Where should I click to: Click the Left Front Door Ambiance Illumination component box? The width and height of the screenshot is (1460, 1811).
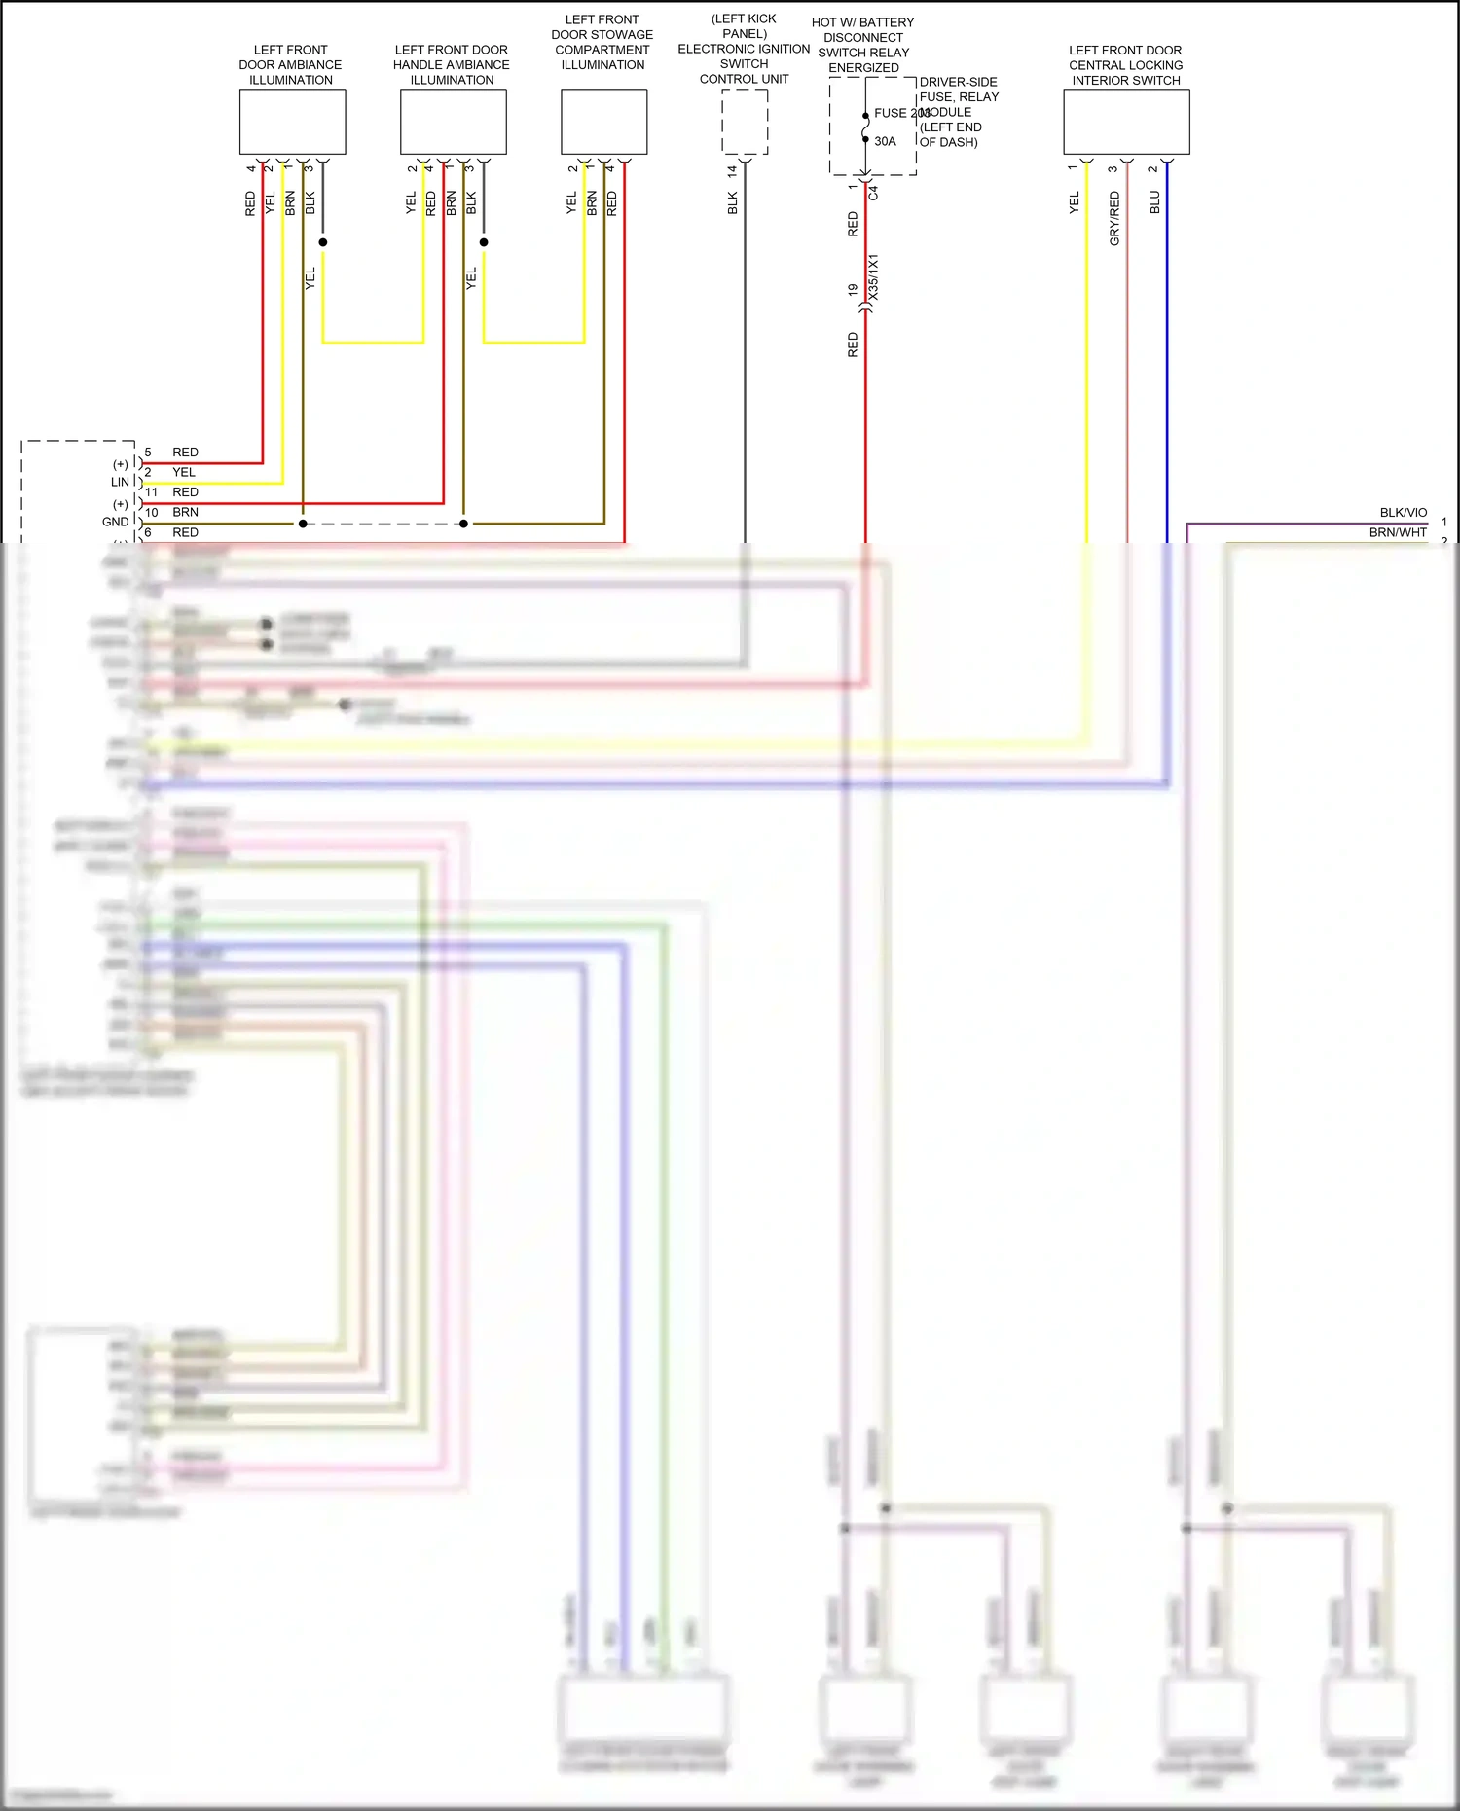[292, 122]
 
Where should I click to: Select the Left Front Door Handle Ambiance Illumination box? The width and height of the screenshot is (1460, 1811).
[453, 122]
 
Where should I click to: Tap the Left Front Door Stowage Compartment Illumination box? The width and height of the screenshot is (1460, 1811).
[603, 122]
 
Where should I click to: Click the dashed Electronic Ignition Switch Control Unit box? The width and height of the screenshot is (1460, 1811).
[745, 122]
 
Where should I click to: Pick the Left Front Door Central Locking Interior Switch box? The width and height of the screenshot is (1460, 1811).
[1126, 122]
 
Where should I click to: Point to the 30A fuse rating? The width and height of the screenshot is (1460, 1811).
[885, 141]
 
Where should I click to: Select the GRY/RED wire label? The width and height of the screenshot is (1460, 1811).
[1114, 218]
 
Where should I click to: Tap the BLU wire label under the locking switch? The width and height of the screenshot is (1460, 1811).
[1154, 201]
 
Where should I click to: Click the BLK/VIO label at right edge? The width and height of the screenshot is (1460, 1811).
[1403, 512]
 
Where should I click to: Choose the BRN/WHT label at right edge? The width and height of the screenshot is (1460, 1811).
[1398, 532]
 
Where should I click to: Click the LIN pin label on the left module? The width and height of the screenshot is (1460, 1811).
[120, 482]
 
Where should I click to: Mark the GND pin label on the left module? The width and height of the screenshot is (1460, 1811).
[115, 522]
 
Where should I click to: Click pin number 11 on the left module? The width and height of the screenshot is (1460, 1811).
[151, 492]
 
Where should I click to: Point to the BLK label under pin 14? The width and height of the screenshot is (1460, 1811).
[732, 202]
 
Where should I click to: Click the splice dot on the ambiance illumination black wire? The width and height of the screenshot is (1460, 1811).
[322, 242]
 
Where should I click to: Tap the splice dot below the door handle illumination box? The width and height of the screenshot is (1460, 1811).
[484, 242]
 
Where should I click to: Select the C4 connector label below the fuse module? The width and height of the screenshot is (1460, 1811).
[873, 192]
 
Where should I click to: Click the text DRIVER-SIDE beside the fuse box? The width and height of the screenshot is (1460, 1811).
[958, 82]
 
